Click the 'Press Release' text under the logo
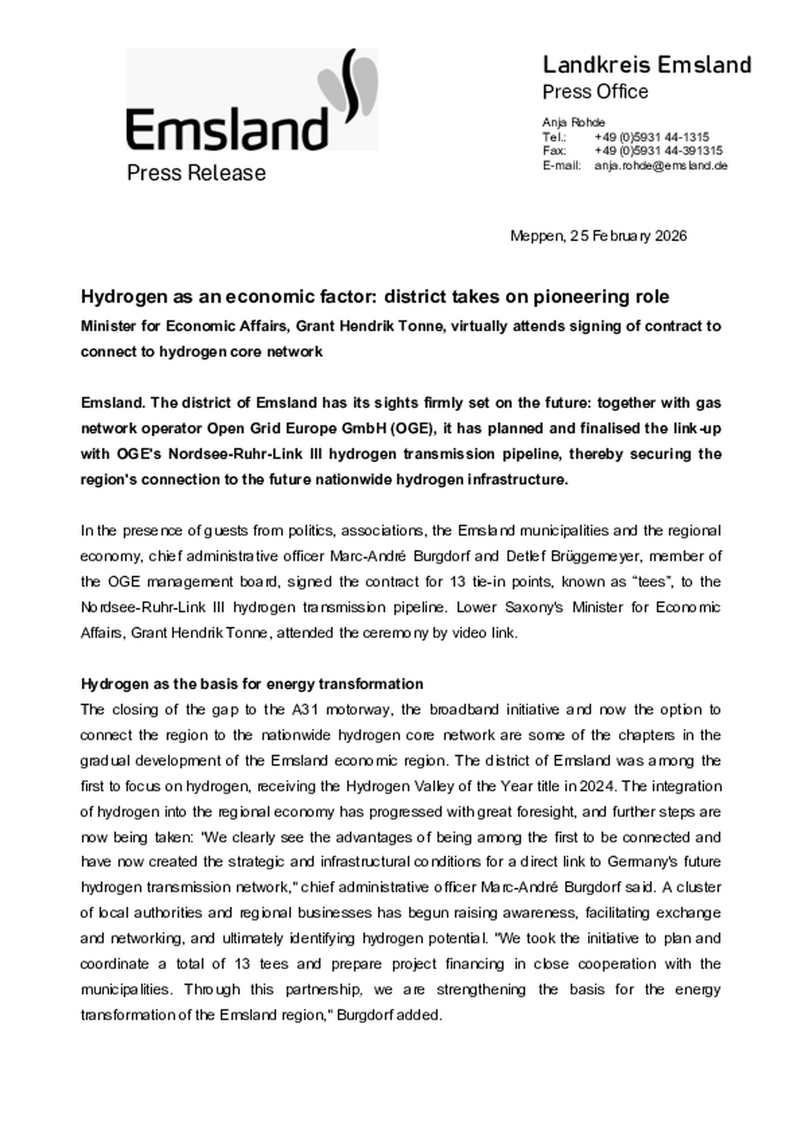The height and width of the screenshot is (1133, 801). click(x=196, y=173)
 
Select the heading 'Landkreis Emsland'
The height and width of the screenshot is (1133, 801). click(x=646, y=65)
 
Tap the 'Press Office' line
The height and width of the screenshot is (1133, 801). click(x=595, y=92)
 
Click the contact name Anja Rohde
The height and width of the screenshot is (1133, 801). click(x=573, y=122)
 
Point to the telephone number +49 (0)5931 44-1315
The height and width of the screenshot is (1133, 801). click(x=651, y=137)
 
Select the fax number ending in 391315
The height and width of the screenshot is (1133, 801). click(x=657, y=151)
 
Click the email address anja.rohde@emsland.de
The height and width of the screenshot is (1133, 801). click(x=660, y=166)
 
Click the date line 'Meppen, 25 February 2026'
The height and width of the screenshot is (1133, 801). click(x=598, y=236)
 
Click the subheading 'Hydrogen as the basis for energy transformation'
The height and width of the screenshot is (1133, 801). click(x=251, y=684)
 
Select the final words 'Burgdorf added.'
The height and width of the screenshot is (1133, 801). click(x=389, y=1016)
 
